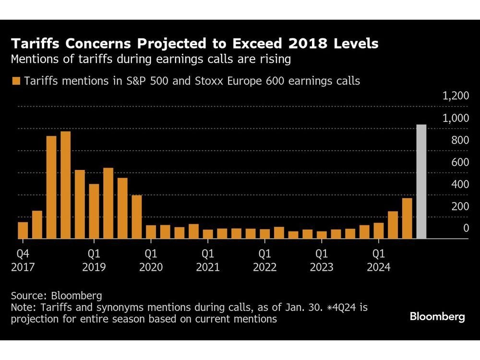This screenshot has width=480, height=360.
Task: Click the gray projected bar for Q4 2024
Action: (x=421, y=181)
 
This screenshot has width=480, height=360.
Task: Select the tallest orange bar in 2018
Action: (x=65, y=185)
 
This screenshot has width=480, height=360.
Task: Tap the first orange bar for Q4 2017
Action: (x=23, y=230)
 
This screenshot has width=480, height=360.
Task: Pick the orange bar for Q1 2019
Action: (x=94, y=211)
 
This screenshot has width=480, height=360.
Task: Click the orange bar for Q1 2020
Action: (x=151, y=232)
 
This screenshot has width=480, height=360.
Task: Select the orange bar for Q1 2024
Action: (x=379, y=230)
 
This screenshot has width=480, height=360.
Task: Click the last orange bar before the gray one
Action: (x=407, y=218)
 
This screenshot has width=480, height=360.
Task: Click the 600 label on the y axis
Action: (x=459, y=162)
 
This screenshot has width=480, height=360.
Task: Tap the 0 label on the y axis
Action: (x=466, y=228)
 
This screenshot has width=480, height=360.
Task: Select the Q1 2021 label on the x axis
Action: (x=207, y=260)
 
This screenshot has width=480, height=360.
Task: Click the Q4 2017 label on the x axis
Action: (x=23, y=260)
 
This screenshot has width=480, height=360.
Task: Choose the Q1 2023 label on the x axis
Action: (x=321, y=260)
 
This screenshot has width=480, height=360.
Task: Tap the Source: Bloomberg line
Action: (x=56, y=296)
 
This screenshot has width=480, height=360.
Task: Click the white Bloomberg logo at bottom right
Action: (x=437, y=317)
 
